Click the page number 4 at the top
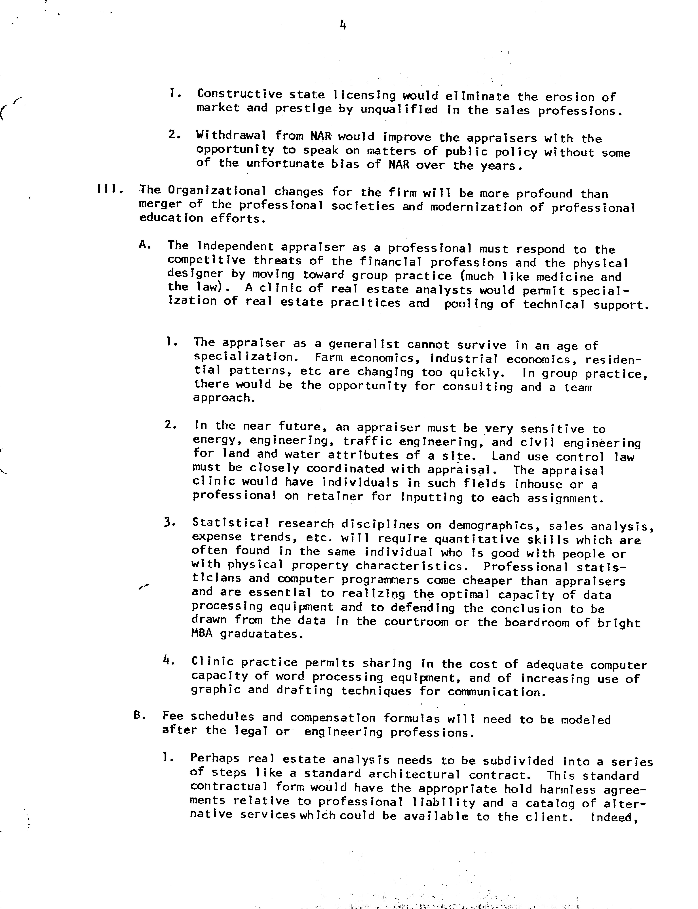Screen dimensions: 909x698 coord(343,26)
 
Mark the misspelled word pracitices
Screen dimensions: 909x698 coord(366,303)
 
